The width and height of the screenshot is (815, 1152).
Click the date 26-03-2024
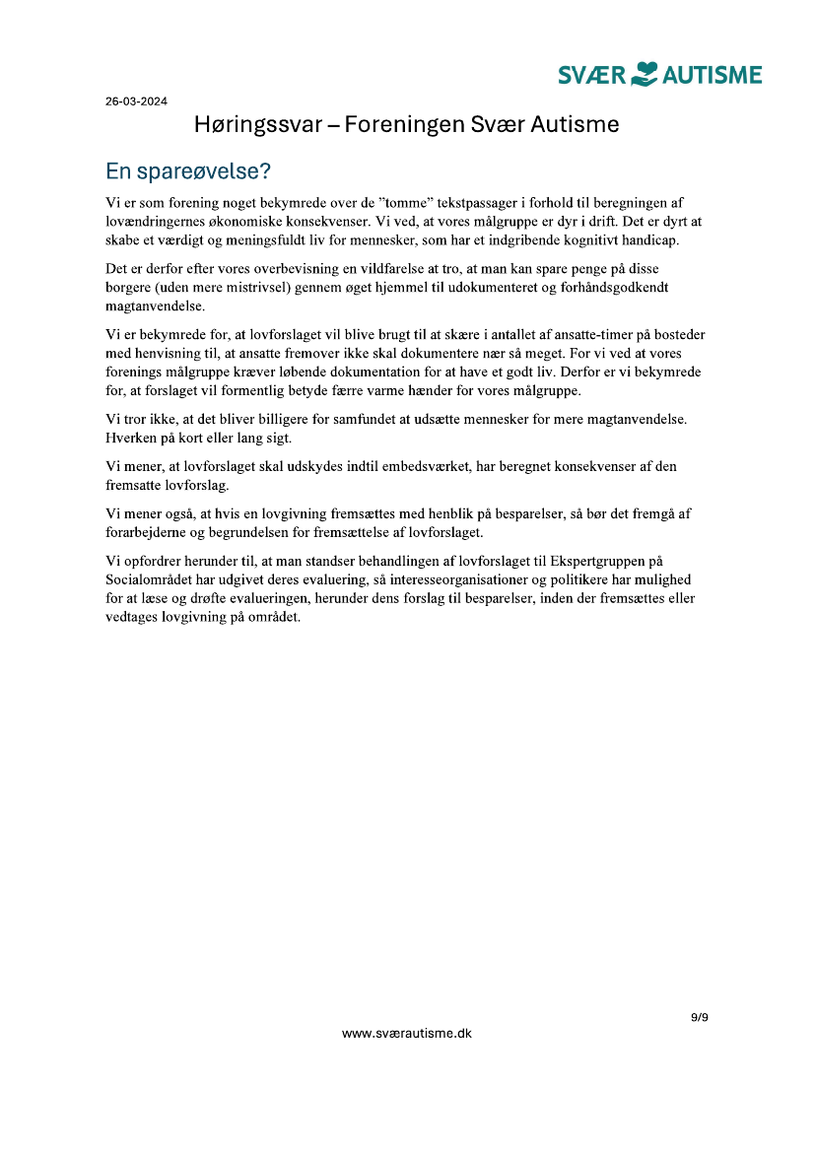[136, 101]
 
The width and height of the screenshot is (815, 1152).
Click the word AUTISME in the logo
[713, 75]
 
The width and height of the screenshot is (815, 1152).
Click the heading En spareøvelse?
[188, 171]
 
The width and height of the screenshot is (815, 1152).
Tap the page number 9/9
[699, 1017]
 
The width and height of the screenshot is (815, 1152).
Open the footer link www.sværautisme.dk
[407, 1034]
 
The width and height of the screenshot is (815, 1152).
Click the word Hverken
[132, 437]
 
